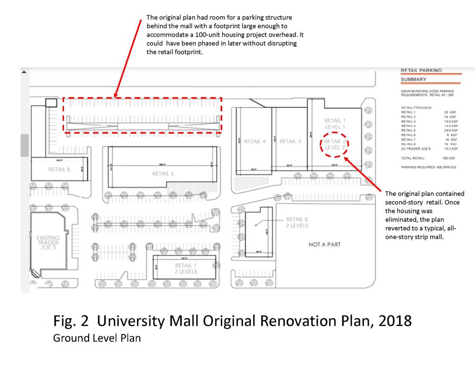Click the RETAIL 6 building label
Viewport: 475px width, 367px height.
[59, 169]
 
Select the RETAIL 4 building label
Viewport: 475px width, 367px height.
[255, 142]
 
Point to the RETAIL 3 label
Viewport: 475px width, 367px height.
[290, 142]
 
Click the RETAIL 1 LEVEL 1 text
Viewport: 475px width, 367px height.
[335, 123]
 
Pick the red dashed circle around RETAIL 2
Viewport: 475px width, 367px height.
[335, 144]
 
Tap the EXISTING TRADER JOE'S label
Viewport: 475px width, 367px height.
[48, 244]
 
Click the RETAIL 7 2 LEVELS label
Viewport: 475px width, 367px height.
[186, 268]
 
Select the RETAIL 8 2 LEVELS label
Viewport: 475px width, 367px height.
[297, 222]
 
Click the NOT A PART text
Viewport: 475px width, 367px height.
[324, 244]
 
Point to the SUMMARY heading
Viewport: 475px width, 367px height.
[414, 79]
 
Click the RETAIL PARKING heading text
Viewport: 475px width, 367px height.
[421, 71]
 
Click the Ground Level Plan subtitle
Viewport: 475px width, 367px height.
[96, 338]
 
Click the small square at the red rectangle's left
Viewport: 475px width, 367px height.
[50, 102]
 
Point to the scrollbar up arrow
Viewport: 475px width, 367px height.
[25, 72]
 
